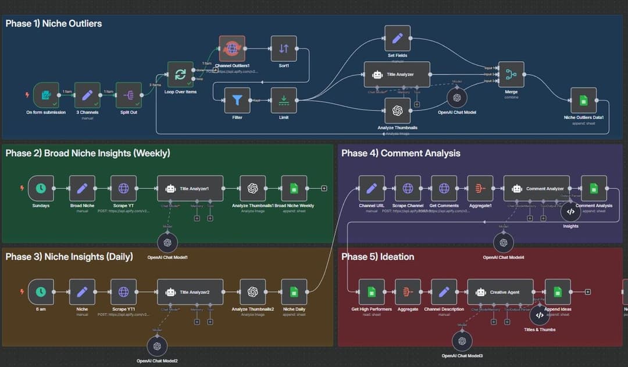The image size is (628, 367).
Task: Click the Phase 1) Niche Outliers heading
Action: [53, 24]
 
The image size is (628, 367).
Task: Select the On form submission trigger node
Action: [46, 95]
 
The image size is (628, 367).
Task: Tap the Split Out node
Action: [129, 95]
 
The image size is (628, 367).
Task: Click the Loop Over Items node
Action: [180, 75]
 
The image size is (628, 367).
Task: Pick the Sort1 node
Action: [284, 49]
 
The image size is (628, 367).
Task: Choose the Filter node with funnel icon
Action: [237, 100]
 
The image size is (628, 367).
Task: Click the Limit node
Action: [284, 100]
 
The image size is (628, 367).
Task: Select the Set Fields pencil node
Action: [397, 38]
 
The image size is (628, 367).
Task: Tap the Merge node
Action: [511, 75]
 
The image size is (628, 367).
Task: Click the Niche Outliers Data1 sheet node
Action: [583, 100]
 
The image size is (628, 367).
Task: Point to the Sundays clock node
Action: [41, 188]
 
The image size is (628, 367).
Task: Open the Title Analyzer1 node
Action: [190, 188]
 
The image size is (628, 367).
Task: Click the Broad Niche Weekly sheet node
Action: [294, 188]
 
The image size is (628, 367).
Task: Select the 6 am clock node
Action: [41, 291]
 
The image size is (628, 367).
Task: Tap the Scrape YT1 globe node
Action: [123, 291]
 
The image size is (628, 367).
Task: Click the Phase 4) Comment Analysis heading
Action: [401, 153]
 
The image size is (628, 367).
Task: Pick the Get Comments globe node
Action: [444, 188]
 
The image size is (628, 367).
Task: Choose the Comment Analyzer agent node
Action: [537, 188]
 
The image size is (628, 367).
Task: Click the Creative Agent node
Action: [501, 291]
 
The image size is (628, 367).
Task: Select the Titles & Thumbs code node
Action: [540, 315]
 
